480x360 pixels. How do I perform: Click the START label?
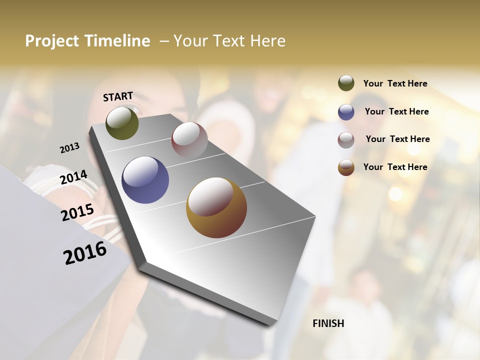[x=118, y=96]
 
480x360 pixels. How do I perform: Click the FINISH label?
[x=328, y=323]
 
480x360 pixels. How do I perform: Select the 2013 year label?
[x=69, y=147]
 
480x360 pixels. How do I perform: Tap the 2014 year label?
[x=74, y=177]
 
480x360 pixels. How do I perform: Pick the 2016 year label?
[x=85, y=252]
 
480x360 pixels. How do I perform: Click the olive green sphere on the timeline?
[x=122, y=123]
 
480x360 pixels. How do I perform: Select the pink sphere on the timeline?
[x=189, y=139]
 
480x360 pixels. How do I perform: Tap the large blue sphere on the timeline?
[x=145, y=180]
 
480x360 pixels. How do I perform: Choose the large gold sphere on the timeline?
[x=216, y=207]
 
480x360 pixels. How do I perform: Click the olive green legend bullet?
[x=346, y=83]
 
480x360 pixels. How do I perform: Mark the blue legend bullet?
[x=346, y=112]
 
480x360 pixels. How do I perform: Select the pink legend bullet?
[x=346, y=140]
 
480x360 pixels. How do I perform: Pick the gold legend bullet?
[x=346, y=167]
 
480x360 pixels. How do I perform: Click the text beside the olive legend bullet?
[x=395, y=83]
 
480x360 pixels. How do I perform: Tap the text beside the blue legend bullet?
[x=396, y=111]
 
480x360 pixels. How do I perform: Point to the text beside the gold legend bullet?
[x=395, y=167]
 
